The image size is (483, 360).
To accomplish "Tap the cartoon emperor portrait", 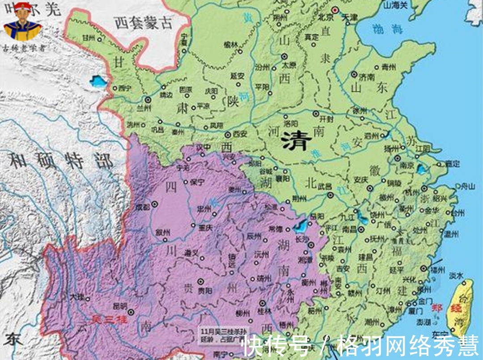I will (22, 25).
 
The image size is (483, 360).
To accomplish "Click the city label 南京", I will (407, 165).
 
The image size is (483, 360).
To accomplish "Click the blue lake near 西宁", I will (97, 81).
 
